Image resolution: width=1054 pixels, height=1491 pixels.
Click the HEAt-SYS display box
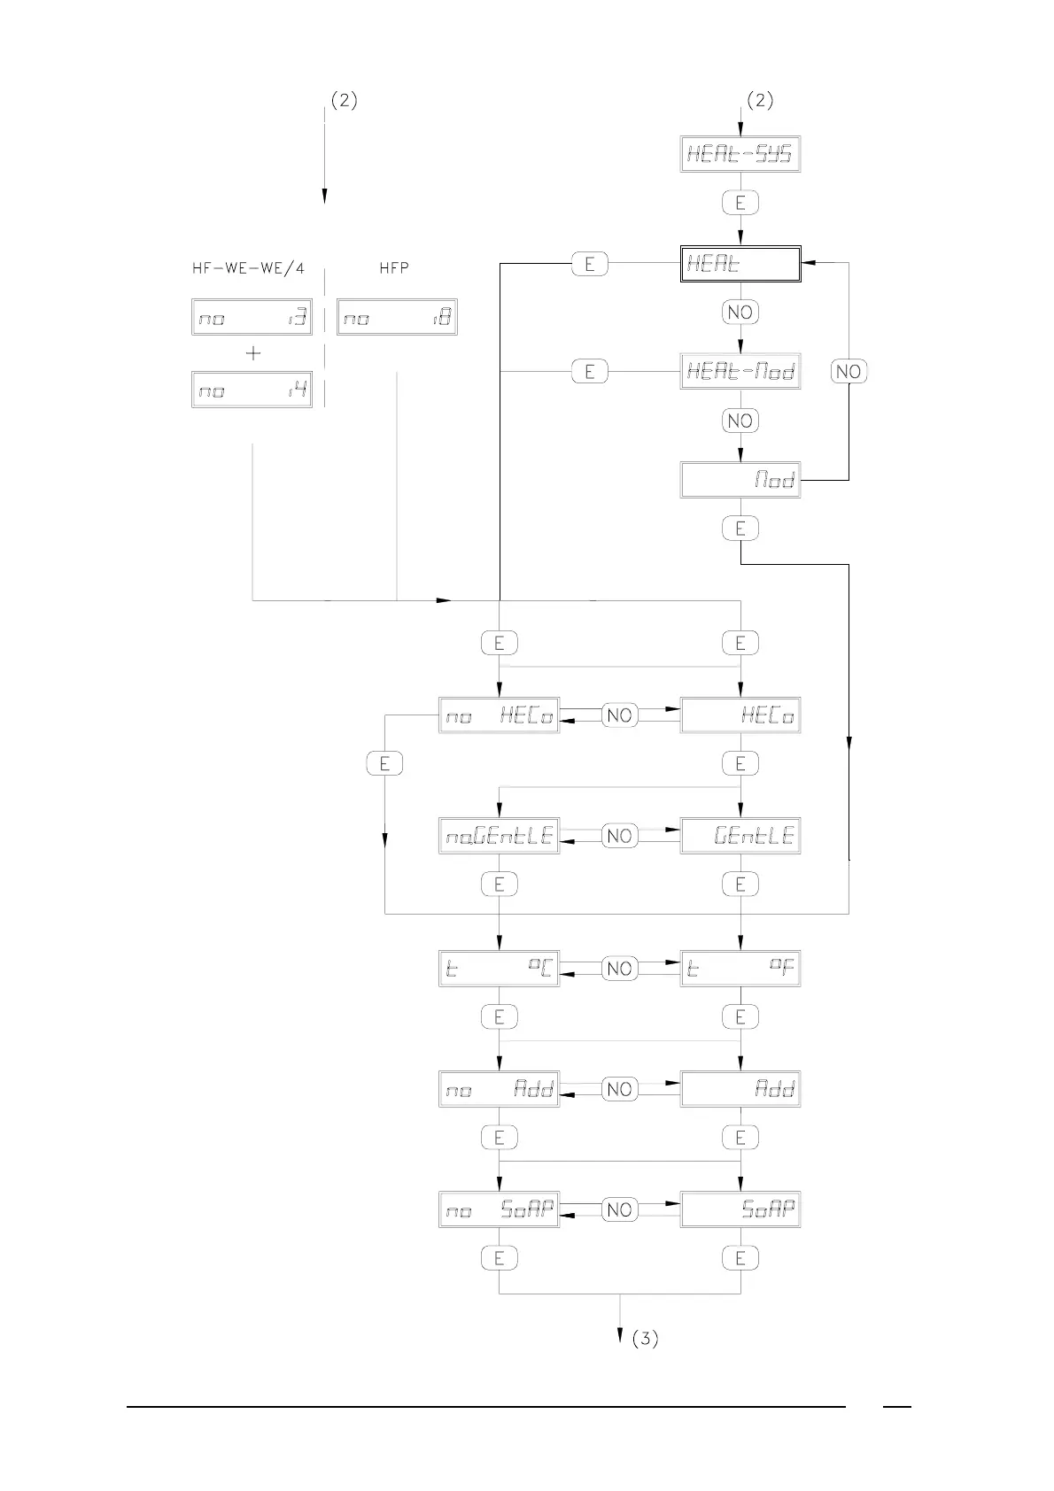coord(740,155)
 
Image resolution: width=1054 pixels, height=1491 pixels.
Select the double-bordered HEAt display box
coord(740,264)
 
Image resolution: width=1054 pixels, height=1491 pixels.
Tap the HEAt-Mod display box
coord(740,372)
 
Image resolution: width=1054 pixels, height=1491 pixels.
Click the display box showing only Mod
coord(740,480)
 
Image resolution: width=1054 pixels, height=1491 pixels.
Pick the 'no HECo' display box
coord(499,715)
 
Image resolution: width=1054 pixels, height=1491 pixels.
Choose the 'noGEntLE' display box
coord(499,836)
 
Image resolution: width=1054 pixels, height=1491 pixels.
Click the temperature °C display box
coord(499,969)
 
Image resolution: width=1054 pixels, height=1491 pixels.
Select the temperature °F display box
coord(740,969)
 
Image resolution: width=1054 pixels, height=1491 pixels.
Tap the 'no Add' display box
coord(499,1089)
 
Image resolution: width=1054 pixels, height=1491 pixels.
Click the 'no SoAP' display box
coord(499,1209)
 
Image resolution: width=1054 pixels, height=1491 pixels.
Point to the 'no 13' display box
coord(252,317)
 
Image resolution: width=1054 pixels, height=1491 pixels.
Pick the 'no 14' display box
coord(252,390)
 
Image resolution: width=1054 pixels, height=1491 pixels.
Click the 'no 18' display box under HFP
coord(397,317)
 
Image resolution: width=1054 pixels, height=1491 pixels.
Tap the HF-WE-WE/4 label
coord(248,267)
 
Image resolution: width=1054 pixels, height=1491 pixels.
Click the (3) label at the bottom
coord(645,1339)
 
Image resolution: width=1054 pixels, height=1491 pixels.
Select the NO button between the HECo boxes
coord(619,715)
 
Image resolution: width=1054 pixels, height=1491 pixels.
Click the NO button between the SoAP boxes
coord(619,1209)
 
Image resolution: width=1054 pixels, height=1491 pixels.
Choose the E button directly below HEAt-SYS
coord(740,203)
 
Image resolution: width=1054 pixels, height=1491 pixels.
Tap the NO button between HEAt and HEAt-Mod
coord(740,312)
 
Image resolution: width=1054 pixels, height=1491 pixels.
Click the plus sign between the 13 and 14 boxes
coord(253,353)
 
